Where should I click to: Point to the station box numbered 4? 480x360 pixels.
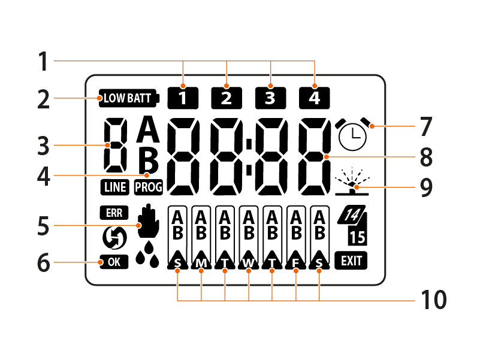tap(314, 97)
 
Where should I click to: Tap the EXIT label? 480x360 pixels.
tap(351, 261)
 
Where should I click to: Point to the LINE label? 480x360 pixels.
tap(114, 187)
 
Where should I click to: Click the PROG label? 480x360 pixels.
tap(148, 187)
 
